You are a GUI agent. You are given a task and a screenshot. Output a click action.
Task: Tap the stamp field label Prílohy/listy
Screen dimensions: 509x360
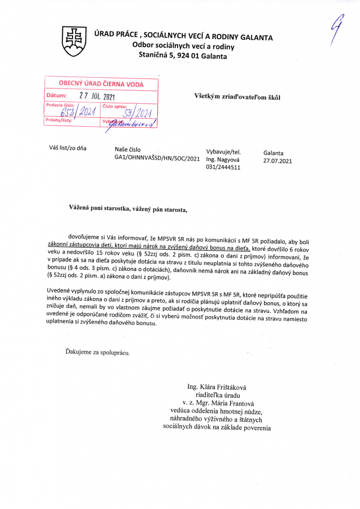tap(59, 120)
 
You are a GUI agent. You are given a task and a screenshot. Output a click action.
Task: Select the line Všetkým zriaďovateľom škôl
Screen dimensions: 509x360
tap(237, 96)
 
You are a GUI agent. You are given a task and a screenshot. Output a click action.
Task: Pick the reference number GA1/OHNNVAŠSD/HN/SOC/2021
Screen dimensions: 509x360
tap(157, 158)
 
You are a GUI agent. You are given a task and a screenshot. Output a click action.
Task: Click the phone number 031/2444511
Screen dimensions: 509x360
tap(223, 168)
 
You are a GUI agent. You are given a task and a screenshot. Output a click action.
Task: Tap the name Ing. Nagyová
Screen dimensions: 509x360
tap(223, 160)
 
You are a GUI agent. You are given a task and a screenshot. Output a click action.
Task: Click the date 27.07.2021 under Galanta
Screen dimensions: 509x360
tap(277, 161)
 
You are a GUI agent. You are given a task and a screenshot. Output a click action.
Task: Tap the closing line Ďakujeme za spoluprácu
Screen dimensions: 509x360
tap(97, 353)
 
